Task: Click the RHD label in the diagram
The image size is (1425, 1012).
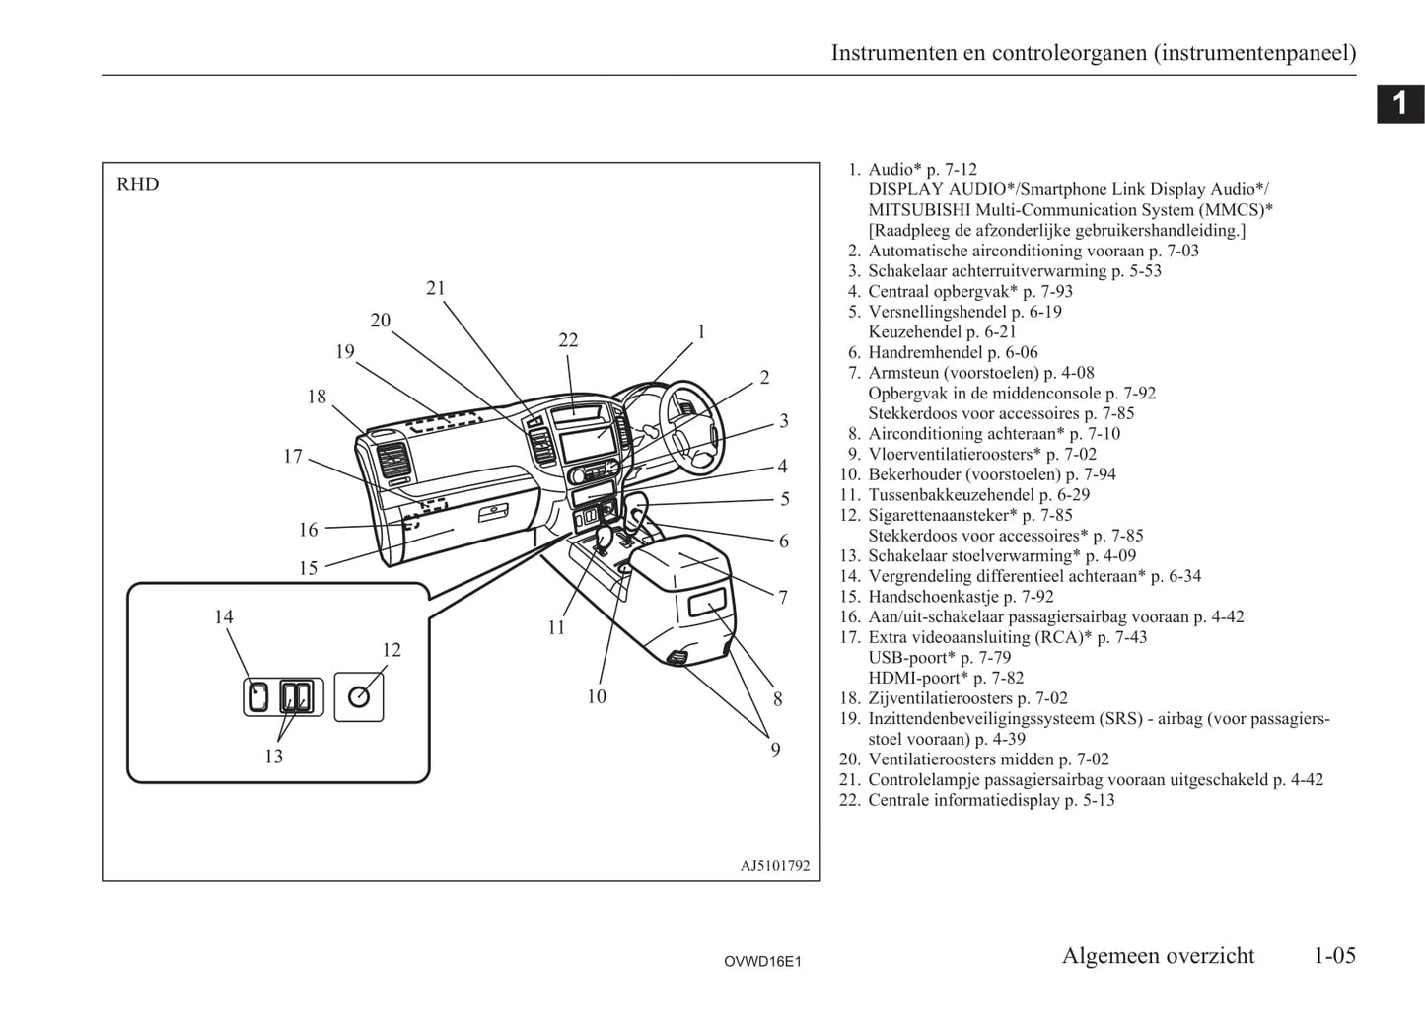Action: coord(137,184)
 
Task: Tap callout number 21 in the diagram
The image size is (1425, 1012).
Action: coord(436,288)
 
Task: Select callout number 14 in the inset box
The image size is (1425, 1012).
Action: coord(224,616)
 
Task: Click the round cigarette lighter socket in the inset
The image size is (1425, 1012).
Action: coord(359,696)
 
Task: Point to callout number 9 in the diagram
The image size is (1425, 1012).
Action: coord(775,750)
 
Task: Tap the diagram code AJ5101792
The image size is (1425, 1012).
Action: coord(774,866)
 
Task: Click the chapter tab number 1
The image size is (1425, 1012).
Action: coord(1399,104)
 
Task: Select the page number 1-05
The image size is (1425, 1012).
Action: coord(1334,955)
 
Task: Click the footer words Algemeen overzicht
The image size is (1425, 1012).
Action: coord(1158,955)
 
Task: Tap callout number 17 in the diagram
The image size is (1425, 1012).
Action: coord(293,456)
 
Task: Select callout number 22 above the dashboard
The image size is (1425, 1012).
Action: coord(568,340)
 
